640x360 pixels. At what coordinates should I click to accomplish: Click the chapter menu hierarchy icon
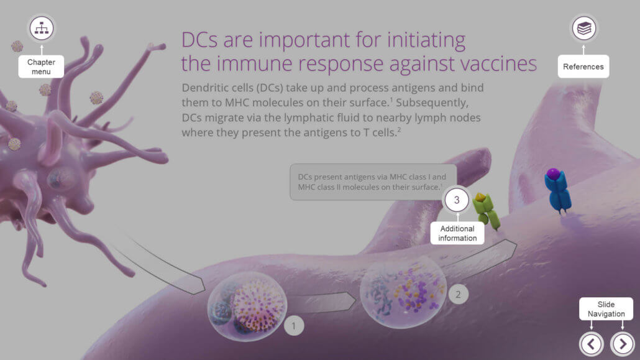click(41, 28)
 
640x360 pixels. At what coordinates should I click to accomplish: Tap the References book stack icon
click(583, 28)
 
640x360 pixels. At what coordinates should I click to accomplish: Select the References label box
click(583, 66)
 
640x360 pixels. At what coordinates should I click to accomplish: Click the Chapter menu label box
click(41, 67)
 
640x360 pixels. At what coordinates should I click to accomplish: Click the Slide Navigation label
click(606, 309)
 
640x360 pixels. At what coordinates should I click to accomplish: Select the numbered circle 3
click(457, 200)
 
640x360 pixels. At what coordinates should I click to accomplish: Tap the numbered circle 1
click(293, 326)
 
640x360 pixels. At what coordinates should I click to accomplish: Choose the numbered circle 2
click(458, 294)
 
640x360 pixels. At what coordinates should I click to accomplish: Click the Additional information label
click(457, 233)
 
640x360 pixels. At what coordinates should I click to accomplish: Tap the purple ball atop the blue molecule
click(554, 174)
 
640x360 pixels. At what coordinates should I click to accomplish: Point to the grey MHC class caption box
click(373, 182)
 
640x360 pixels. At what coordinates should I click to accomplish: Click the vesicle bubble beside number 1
click(247, 307)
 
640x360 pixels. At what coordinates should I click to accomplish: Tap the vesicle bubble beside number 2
click(403, 292)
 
